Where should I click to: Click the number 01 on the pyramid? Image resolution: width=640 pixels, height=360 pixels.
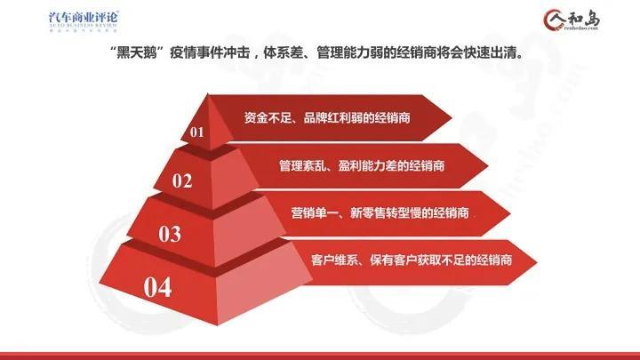[x=196, y=132]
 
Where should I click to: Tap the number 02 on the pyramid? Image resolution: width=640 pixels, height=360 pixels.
[x=182, y=181]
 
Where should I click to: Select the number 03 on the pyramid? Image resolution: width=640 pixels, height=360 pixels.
[x=169, y=234]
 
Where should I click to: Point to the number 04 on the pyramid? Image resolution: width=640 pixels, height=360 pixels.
[x=156, y=287]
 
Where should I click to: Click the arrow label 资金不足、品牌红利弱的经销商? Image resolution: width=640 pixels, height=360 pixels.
[x=332, y=116]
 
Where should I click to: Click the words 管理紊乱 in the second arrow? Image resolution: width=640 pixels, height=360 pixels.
[x=298, y=165]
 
